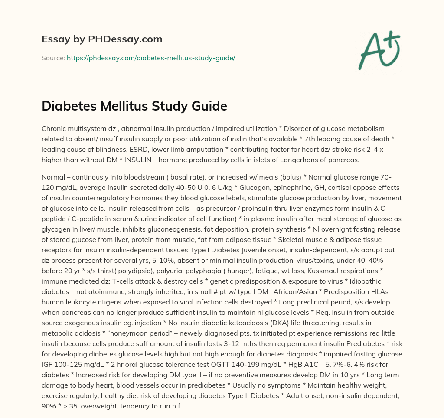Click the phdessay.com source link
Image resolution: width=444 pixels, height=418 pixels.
click(151, 58)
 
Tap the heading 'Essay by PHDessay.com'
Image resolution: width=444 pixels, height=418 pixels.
click(102, 39)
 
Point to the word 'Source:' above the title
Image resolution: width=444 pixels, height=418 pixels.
click(53, 58)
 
